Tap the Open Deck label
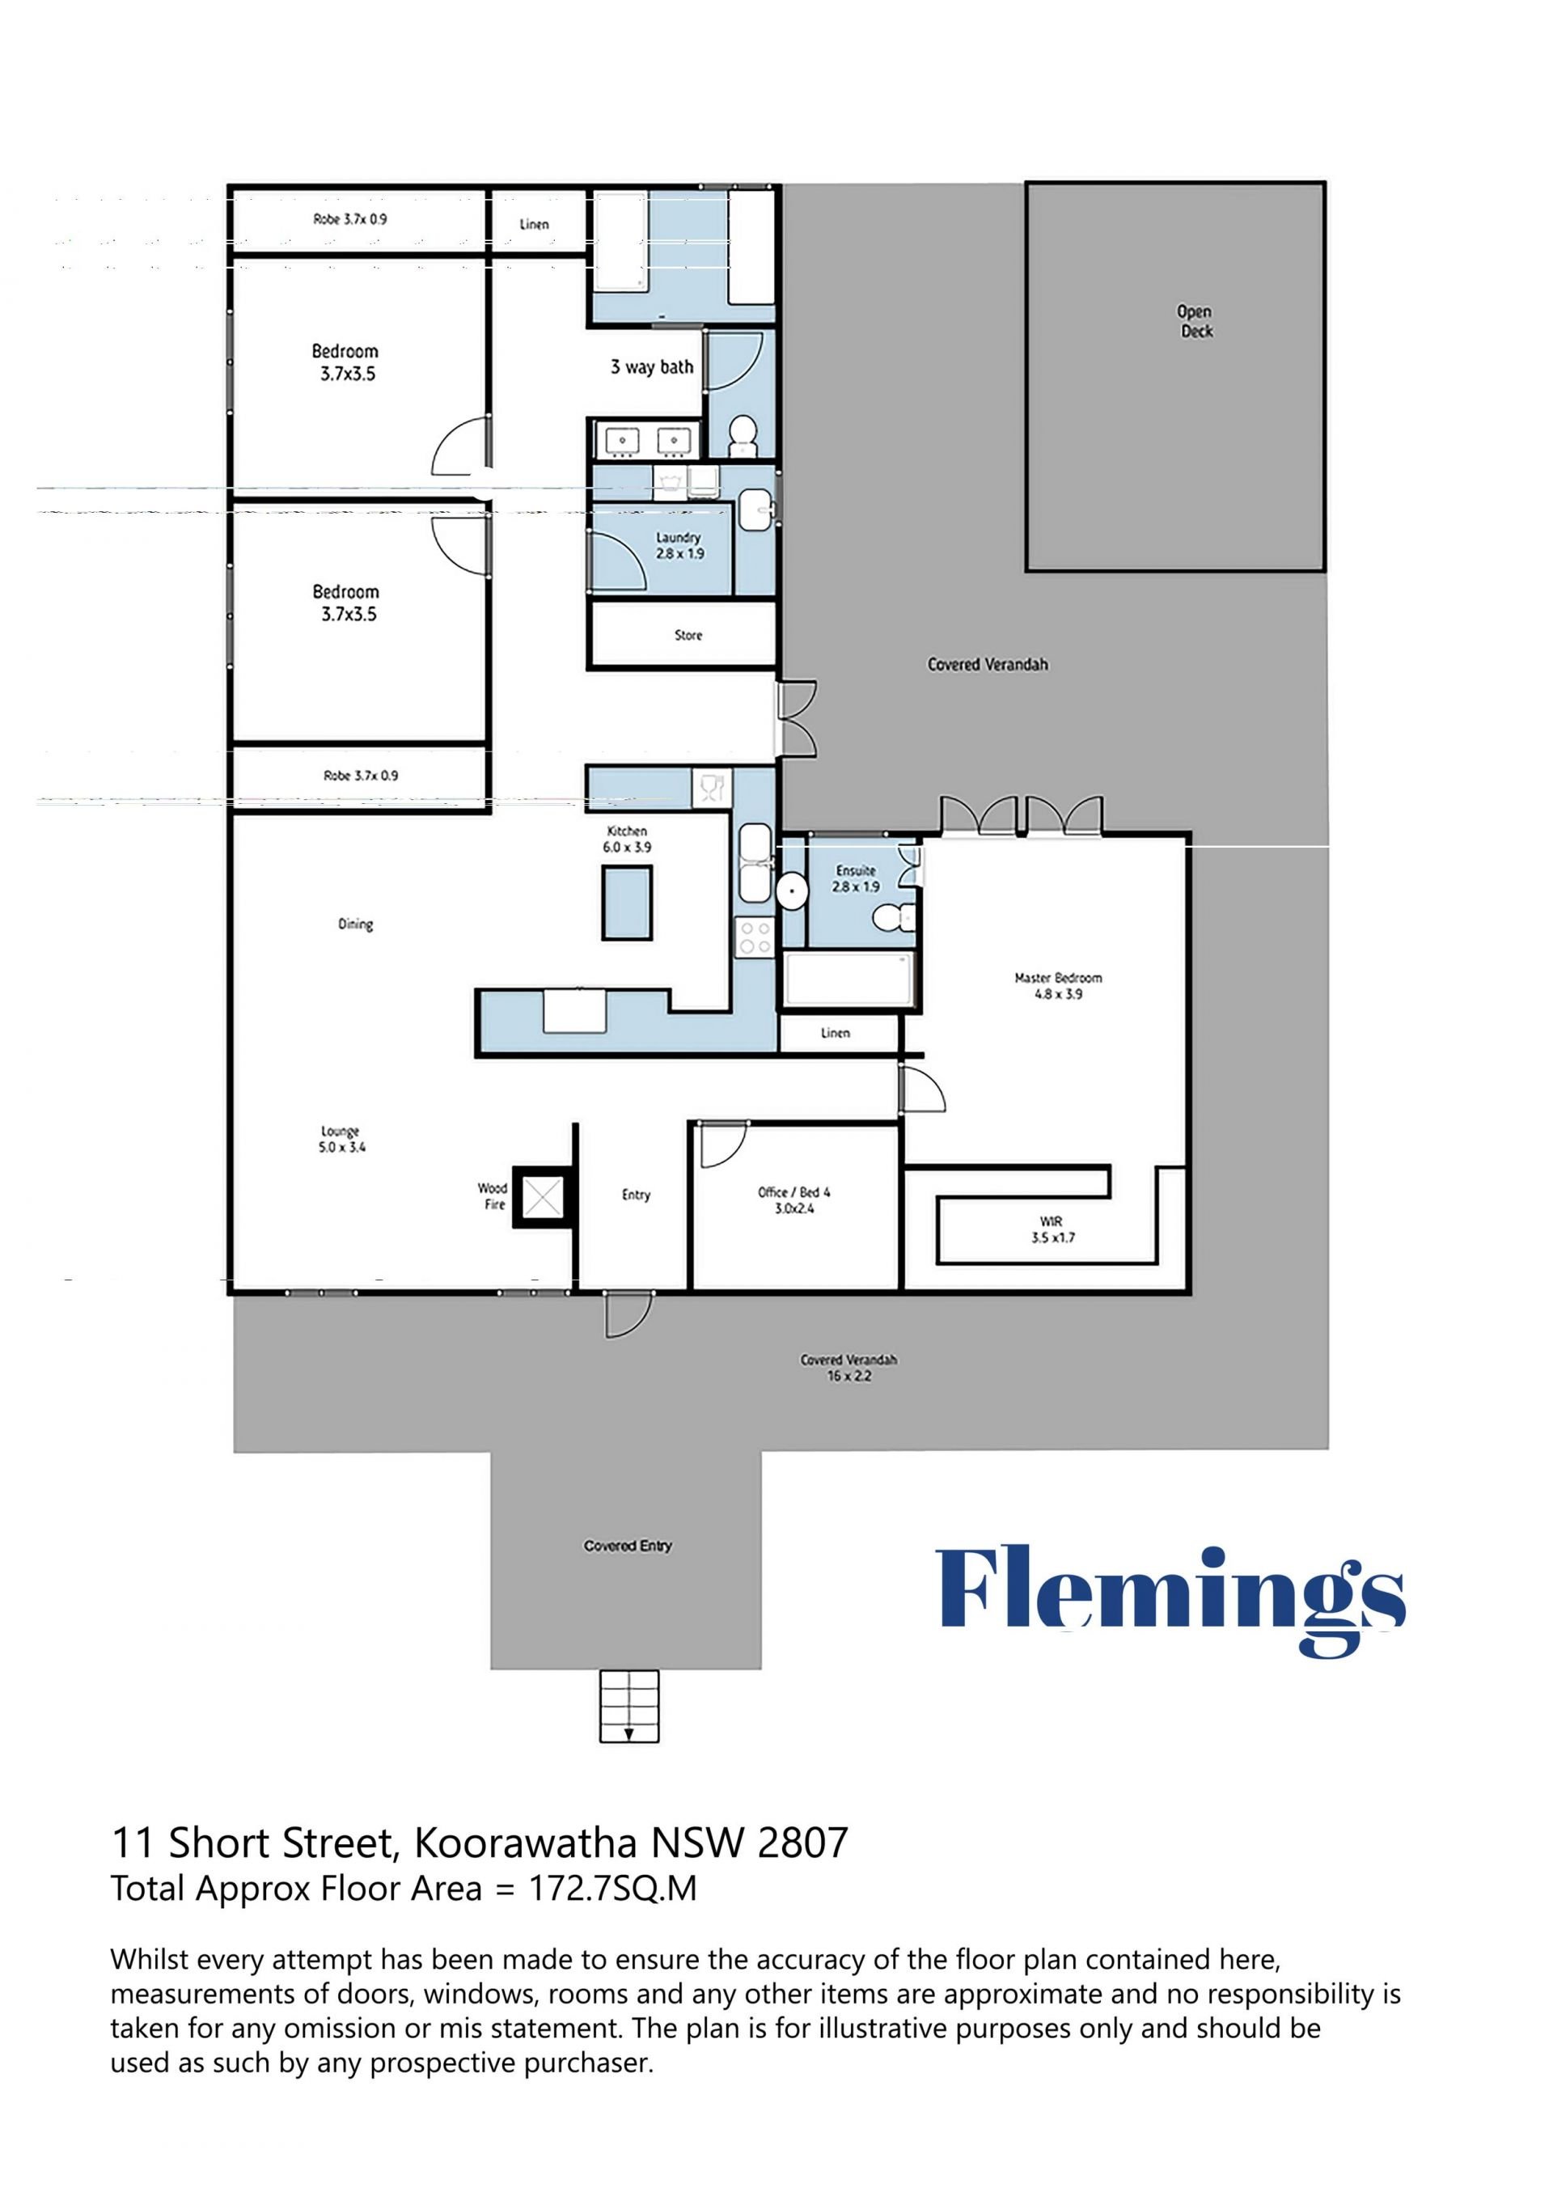click(x=1195, y=321)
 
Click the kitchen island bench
click(x=628, y=903)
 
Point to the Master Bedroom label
click(x=1058, y=985)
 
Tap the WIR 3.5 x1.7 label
click(x=1053, y=1229)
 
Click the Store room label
click(x=688, y=635)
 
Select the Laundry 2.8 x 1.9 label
click(x=679, y=546)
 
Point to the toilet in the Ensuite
click(x=891, y=918)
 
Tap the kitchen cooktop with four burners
click(x=755, y=937)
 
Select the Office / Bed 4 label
click(x=794, y=1200)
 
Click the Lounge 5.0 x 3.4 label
click(x=341, y=1139)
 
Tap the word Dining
click(x=356, y=924)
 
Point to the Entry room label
click(x=636, y=1195)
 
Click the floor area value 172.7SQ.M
click(x=612, y=1888)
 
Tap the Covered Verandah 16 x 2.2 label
click(x=849, y=1368)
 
